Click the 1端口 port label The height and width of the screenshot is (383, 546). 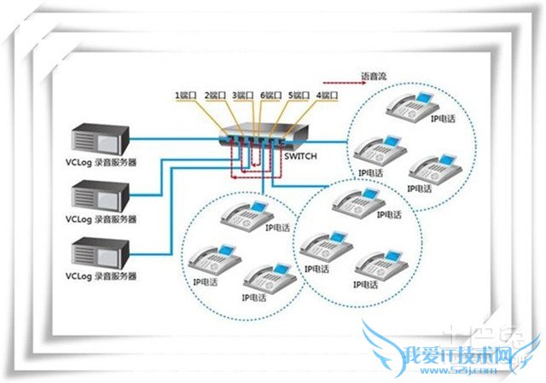point(187,95)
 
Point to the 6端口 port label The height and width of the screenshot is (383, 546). point(272,95)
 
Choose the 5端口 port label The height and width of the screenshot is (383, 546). point(299,95)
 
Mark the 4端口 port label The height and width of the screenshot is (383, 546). point(327,95)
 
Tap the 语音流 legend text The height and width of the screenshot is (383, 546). point(375,77)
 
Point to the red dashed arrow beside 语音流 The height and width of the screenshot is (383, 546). point(334,77)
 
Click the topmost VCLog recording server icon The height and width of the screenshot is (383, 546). point(100,140)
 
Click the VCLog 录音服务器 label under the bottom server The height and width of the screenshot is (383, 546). point(102,277)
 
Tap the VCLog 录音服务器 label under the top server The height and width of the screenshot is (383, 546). point(102,163)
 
